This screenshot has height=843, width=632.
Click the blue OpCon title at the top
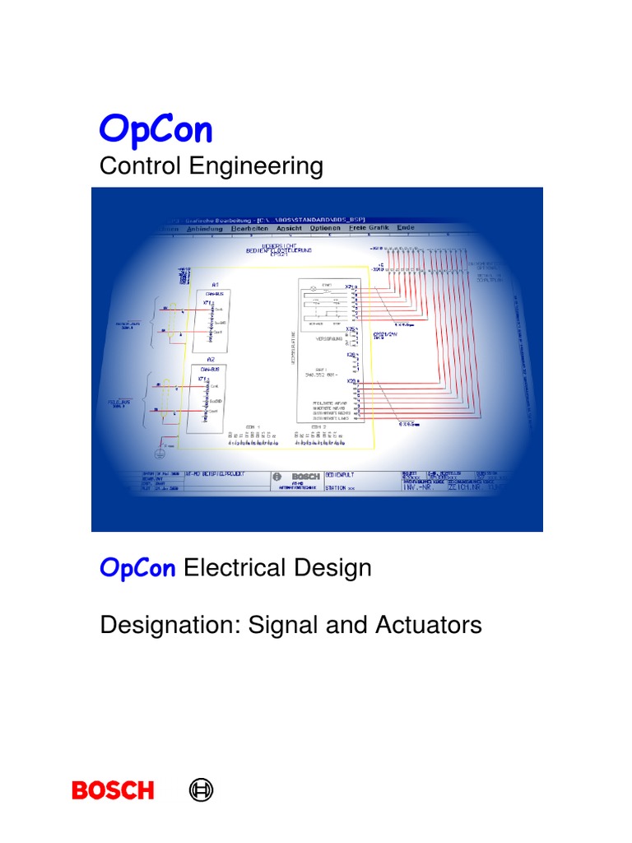click(156, 129)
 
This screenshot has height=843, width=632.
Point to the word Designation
click(165, 625)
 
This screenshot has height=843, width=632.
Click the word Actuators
click(429, 625)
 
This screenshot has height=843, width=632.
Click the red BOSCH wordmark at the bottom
click(113, 790)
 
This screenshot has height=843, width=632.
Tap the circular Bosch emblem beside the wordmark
click(202, 790)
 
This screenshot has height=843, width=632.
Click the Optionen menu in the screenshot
click(325, 228)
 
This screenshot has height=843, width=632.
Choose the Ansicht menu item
click(289, 228)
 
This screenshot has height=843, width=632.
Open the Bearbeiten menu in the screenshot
click(250, 228)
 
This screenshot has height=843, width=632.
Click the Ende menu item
click(406, 228)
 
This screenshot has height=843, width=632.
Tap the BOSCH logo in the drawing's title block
click(303, 477)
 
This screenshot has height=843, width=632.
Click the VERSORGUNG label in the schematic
click(323, 337)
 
